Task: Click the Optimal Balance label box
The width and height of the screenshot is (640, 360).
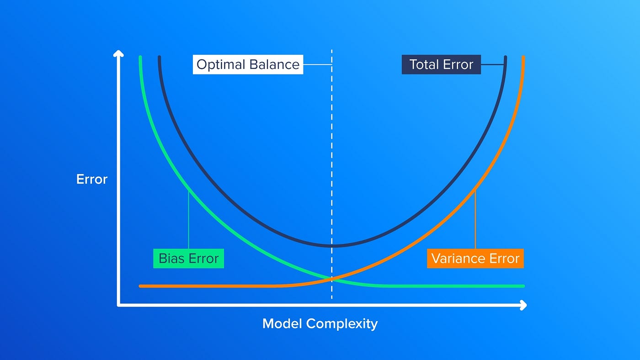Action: (248, 64)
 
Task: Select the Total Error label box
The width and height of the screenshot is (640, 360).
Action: (441, 64)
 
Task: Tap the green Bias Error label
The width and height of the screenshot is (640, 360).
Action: (188, 259)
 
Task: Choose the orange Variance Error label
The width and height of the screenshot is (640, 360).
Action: (475, 259)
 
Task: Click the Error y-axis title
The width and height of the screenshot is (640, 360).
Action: (92, 179)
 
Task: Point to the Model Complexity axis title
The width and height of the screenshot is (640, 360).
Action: (320, 324)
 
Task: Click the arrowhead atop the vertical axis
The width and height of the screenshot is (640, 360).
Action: (118, 53)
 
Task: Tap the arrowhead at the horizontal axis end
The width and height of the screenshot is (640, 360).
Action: (523, 305)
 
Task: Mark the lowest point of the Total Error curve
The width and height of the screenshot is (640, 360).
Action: (333, 245)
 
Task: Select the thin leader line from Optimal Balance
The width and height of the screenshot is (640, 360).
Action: (317, 64)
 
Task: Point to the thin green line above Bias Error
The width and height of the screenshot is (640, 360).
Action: (188, 220)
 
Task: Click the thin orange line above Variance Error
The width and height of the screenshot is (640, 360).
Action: (475, 220)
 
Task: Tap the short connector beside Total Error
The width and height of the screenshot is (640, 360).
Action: (493, 64)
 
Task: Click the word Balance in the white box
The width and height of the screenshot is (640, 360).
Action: (274, 64)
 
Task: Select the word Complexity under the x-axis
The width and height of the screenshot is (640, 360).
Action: (342, 324)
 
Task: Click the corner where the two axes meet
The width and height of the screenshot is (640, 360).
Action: (118, 305)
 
